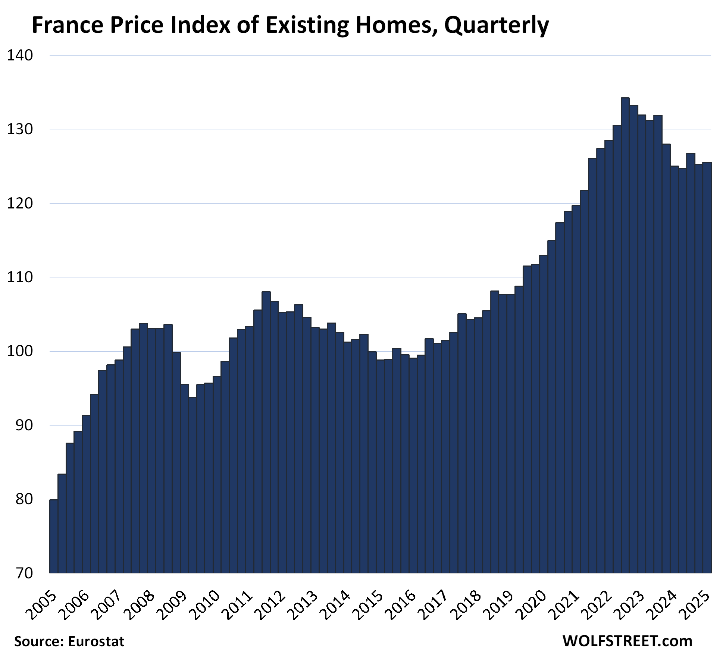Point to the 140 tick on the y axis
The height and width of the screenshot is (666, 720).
point(20,56)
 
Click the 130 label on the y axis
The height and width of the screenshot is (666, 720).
point(20,129)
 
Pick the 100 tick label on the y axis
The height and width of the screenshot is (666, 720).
point(20,351)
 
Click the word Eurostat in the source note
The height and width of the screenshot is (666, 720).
point(96,641)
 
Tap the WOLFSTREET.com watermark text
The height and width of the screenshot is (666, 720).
point(627,641)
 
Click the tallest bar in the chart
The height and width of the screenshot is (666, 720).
point(625,336)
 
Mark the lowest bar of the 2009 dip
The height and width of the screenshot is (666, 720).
point(192,485)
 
